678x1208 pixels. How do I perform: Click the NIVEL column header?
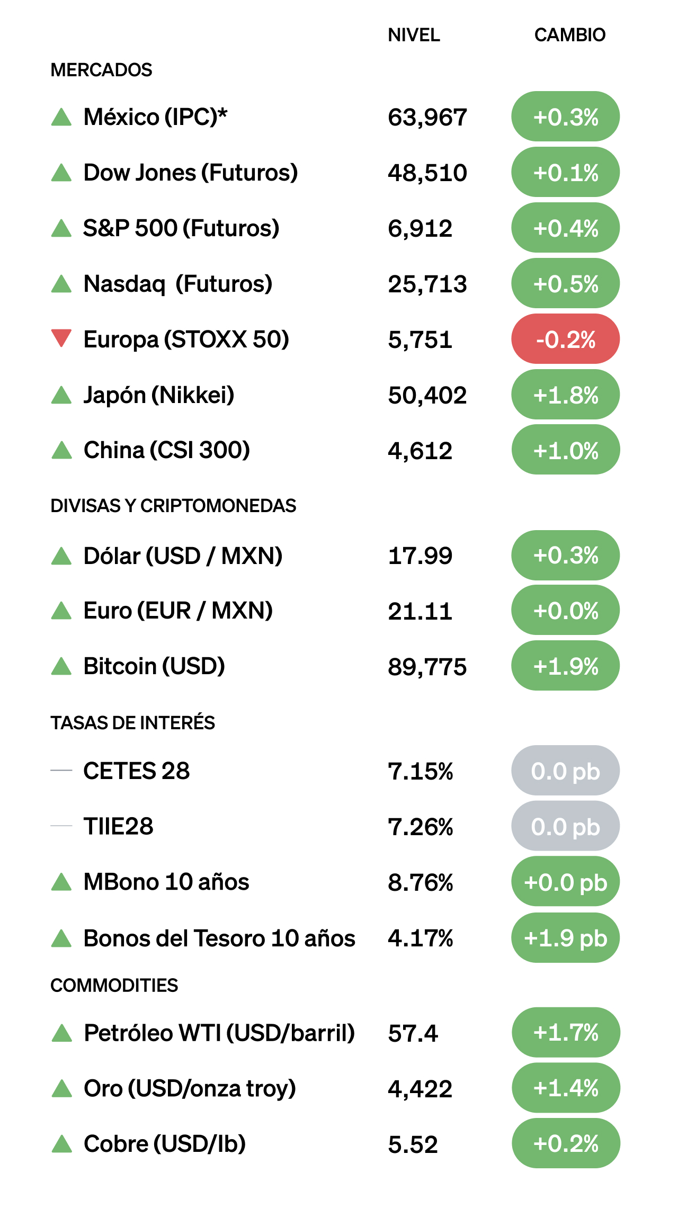pyautogui.click(x=414, y=35)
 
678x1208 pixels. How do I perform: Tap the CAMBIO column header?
pyautogui.click(x=569, y=35)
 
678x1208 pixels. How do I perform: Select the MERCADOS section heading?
pyautogui.click(x=101, y=70)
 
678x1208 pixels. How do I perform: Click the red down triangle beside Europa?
pyautogui.click(x=61, y=338)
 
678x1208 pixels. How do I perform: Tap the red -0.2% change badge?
pyautogui.click(x=565, y=339)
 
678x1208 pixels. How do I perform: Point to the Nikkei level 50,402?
pyautogui.click(x=427, y=395)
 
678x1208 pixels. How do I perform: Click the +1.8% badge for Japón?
pyautogui.click(x=565, y=395)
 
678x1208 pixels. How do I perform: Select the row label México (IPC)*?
pyautogui.click(x=155, y=117)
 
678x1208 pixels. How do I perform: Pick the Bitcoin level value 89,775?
pyautogui.click(x=427, y=667)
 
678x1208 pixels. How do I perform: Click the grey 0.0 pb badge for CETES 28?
pyautogui.click(x=565, y=771)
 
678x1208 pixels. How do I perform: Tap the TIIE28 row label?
pyautogui.click(x=118, y=826)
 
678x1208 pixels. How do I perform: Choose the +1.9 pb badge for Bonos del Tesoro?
pyautogui.click(x=565, y=938)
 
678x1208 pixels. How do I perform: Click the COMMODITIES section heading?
pyautogui.click(x=114, y=985)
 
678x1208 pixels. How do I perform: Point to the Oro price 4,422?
pyautogui.click(x=420, y=1089)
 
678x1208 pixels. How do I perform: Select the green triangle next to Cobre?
pyautogui.click(x=62, y=1144)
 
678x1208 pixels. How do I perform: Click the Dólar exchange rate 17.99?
pyautogui.click(x=420, y=556)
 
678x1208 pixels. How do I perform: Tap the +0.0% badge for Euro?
pyautogui.click(x=565, y=611)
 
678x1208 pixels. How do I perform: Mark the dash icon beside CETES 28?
pyautogui.click(x=61, y=771)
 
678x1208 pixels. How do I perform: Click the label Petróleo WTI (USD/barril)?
pyautogui.click(x=219, y=1033)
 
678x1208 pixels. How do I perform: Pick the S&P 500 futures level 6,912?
pyautogui.click(x=420, y=228)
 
